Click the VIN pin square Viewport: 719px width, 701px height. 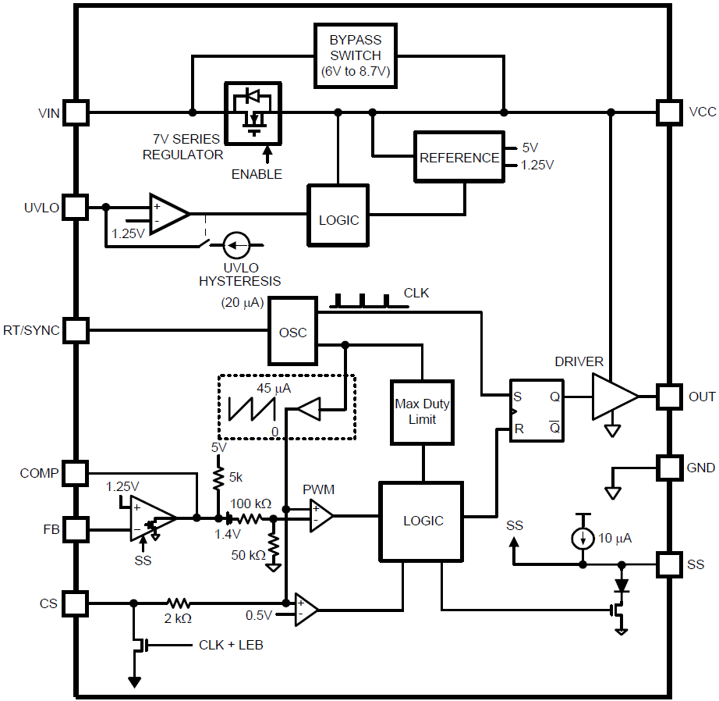76,112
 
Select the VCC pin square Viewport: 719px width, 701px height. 669,112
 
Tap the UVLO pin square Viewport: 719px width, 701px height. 76,207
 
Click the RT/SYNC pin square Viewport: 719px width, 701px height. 76,330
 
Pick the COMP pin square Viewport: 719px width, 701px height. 76,472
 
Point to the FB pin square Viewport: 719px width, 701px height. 76,529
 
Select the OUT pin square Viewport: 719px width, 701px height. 669,397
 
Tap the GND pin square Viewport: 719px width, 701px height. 669,468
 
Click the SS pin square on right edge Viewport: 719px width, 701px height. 669,564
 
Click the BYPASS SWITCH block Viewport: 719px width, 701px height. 355,55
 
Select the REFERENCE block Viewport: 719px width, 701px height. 459,157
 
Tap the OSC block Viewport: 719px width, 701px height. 293,331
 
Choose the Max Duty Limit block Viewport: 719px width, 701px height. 423,412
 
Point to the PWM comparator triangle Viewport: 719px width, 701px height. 321,515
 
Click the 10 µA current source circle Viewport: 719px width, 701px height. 580,539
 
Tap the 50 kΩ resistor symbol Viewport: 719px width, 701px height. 273,546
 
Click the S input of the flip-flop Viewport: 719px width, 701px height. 517,396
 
